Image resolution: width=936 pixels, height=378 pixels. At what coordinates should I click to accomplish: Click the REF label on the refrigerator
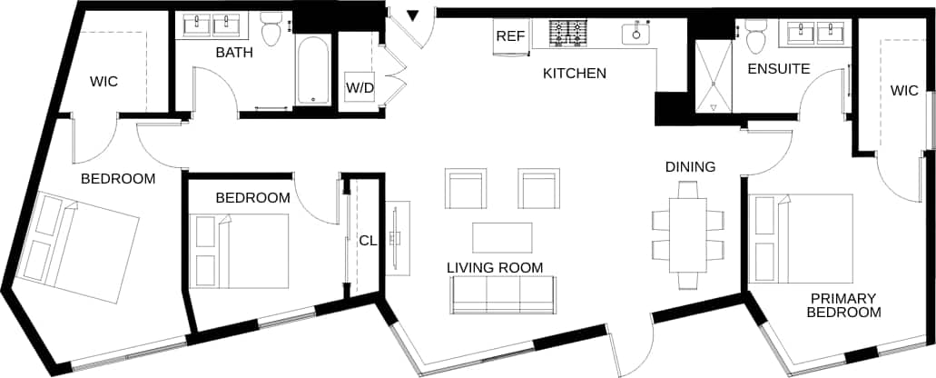click(x=508, y=37)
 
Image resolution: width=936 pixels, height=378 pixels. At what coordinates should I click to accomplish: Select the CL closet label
click(x=368, y=241)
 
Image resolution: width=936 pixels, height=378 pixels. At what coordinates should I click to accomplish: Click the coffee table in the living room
click(x=503, y=236)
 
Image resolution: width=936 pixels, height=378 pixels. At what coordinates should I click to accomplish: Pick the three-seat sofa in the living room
click(x=502, y=293)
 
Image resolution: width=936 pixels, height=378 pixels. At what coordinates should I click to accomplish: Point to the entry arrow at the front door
click(x=412, y=15)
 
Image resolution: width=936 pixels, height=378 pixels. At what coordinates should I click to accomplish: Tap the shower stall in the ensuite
click(x=713, y=76)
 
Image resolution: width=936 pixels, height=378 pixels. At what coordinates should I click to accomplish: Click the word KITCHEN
click(x=574, y=73)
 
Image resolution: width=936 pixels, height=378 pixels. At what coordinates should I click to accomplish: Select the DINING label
click(x=690, y=166)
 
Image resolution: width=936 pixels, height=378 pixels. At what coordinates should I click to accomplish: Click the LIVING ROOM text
click(x=495, y=267)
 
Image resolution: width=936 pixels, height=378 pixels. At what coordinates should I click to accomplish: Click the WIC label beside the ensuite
click(x=903, y=90)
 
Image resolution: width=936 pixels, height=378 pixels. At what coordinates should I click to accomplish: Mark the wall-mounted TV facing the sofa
click(x=395, y=238)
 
